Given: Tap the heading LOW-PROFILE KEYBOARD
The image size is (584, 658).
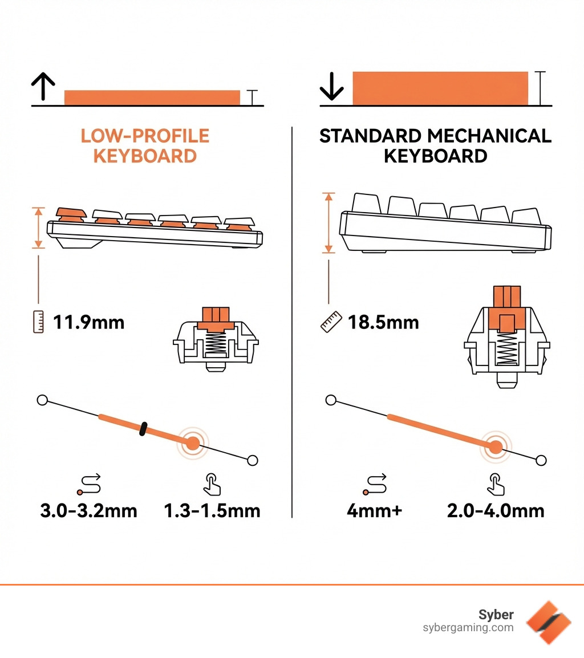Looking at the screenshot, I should coord(145,146).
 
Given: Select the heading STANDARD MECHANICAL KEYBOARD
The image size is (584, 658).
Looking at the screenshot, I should coord(435,146).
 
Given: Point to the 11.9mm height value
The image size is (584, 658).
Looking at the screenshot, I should coord(88,323).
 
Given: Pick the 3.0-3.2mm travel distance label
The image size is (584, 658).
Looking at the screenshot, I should coord(88,510).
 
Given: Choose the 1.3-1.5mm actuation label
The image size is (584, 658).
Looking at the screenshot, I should coord(212,510).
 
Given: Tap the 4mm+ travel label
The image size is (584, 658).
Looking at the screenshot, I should coord(375,510).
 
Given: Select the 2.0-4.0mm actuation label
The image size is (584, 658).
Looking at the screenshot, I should coord(496,510).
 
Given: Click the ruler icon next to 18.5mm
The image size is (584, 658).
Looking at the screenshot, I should coord(331,322).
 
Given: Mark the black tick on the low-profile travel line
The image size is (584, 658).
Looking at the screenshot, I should coord(143,429).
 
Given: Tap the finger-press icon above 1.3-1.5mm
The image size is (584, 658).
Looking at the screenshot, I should coord(212,483).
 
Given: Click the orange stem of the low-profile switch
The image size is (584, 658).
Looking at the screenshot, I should coord(216,318).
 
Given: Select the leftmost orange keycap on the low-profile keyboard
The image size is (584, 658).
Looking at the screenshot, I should coord(71,214).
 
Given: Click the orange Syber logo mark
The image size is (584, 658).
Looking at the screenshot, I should coord(548,622).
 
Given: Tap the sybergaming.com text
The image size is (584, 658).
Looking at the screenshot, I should coord(468,628).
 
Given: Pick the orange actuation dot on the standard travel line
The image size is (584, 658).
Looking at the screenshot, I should coord(496,447).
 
